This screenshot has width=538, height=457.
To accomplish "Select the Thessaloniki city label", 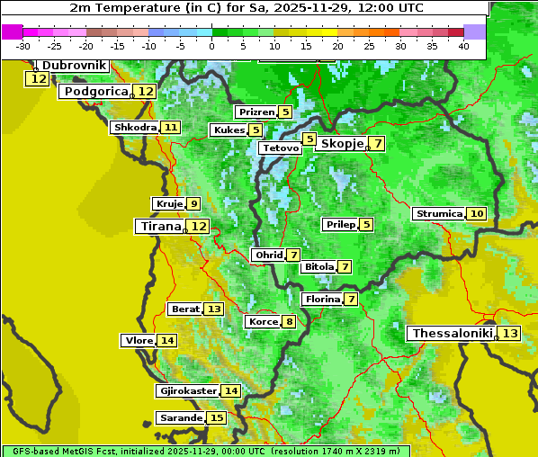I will pos(452,334).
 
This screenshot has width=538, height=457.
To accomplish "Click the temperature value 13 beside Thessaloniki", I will pos(510,334).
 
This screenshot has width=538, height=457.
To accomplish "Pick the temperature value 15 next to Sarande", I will pos(216,418).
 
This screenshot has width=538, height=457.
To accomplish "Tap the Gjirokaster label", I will pos(187,391).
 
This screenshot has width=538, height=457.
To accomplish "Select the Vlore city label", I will pos(139,341).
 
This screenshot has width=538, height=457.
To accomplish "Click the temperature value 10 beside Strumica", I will pos(476,214).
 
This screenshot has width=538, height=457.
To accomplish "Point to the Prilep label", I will pos(339,224).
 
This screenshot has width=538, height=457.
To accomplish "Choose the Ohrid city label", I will pos(268,255).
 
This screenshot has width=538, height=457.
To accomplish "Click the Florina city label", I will pos(322,299).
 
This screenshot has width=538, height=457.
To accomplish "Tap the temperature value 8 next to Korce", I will pos(289,322).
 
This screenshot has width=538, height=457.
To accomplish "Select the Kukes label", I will pos(228,130).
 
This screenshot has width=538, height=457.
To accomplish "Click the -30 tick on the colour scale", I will pos(23,46).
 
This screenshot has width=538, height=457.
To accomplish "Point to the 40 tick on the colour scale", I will pos(463,46).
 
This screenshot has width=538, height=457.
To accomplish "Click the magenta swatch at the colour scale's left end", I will pos(12,31).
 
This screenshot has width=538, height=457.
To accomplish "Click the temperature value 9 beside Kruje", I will pos(193,204).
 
